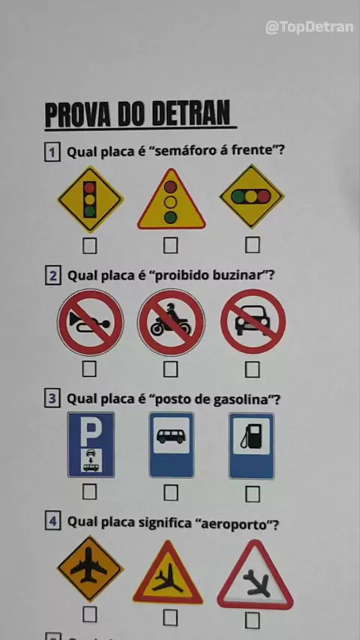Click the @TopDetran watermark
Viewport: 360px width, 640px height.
tap(309, 27)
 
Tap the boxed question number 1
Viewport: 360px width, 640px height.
tap(52, 153)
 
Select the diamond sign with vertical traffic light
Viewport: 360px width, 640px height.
tap(90, 199)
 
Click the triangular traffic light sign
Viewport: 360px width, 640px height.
tap(171, 199)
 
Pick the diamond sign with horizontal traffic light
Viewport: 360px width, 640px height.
tap(252, 196)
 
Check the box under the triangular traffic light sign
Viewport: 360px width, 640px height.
tap(170, 245)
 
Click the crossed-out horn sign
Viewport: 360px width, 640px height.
tap(90, 322)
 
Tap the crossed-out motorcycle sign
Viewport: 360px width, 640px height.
tap(171, 322)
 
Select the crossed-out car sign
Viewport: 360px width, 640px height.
tap(253, 321)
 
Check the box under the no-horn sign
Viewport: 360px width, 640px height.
tap(89, 369)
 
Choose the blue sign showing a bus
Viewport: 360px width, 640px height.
tap(171, 445)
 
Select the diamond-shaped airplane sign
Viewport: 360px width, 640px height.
tap(90, 569)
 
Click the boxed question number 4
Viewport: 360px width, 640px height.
tap(52, 522)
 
